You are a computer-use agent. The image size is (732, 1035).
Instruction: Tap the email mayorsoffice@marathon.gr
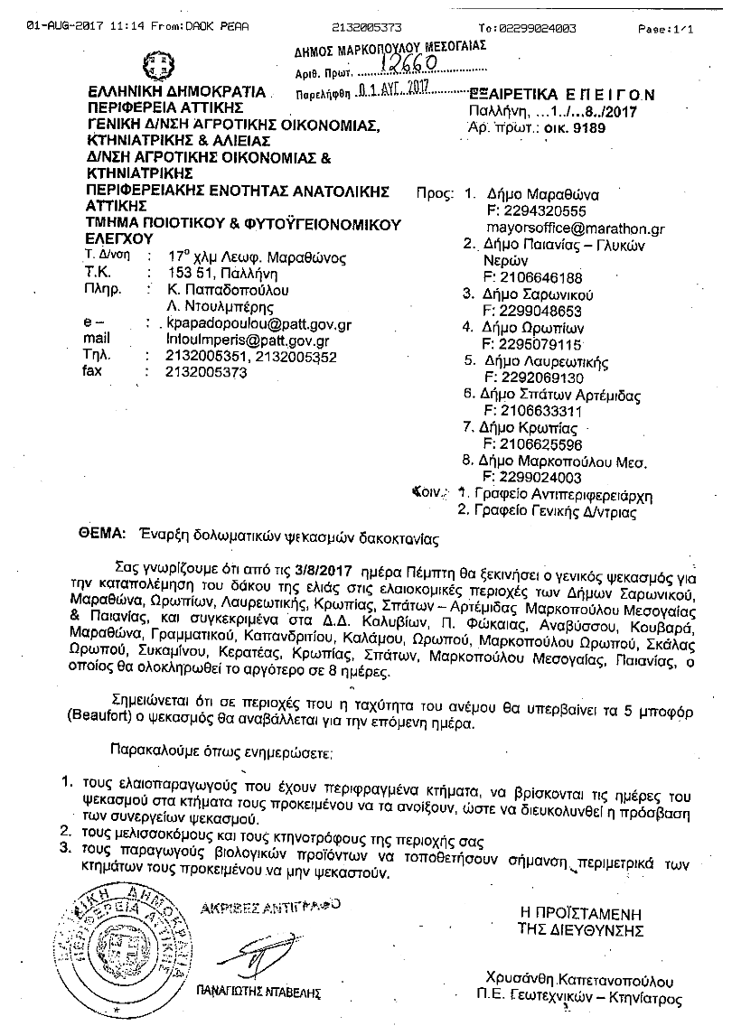(x=575, y=229)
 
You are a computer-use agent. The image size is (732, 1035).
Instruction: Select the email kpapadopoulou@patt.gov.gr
(x=255, y=323)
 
